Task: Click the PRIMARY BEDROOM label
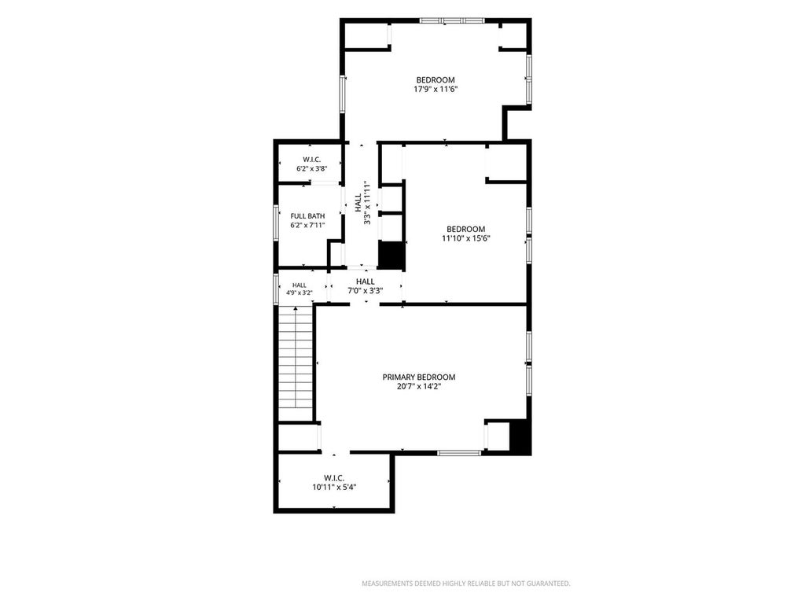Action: [418, 377]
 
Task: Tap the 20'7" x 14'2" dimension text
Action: [418, 386]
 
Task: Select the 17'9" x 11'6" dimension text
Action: [436, 89]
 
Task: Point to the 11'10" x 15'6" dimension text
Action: [465, 238]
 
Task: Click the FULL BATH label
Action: [307, 216]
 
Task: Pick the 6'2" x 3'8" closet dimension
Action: [311, 168]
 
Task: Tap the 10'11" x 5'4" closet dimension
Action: [334, 488]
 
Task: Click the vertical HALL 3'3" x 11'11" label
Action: [362, 202]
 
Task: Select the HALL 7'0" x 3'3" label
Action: [366, 286]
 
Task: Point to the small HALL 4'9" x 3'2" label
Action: [300, 289]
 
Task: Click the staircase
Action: [296, 363]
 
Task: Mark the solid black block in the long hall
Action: [391, 254]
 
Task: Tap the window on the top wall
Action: [452, 21]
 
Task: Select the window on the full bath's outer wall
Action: [276, 222]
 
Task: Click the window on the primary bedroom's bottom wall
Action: [459, 453]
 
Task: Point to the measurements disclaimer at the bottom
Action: [466, 584]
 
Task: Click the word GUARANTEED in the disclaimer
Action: [549, 584]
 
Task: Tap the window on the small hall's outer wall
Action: [276, 289]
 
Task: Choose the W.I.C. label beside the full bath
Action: [311, 160]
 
